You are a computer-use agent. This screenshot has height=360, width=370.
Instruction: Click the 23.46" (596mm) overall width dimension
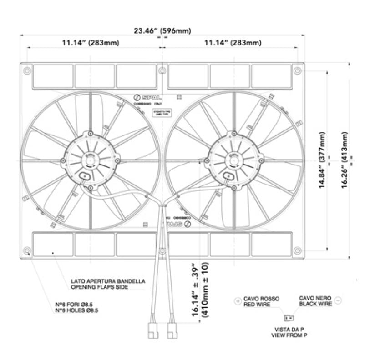click(162, 31)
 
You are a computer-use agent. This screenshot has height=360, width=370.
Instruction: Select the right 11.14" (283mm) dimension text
click(233, 43)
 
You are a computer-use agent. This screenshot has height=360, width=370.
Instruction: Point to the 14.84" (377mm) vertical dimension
click(322, 161)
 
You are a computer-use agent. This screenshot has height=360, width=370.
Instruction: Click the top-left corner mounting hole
click(27, 70)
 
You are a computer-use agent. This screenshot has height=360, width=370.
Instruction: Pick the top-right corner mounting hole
click(297, 70)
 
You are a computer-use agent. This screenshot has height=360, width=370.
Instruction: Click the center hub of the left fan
click(90, 160)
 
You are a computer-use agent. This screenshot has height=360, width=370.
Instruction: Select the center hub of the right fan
click(233, 160)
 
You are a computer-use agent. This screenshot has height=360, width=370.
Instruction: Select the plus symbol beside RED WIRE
click(238, 301)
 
